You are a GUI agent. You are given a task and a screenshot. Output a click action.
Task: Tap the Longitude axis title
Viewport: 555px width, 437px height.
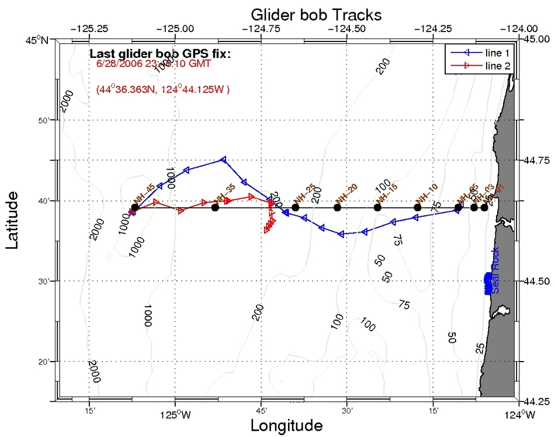[x=286, y=425]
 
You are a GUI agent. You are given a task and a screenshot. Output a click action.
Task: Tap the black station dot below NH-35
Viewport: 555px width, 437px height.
[x=215, y=207]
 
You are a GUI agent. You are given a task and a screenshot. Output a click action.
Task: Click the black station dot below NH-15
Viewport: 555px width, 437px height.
[x=377, y=207]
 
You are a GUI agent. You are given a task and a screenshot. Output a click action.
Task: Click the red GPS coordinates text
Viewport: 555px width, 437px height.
[x=163, y=90]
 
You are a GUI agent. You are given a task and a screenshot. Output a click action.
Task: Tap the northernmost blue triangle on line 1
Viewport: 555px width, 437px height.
[x=223, y=159]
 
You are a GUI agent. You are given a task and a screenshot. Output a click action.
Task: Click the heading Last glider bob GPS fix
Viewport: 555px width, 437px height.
[x=160, y=54]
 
